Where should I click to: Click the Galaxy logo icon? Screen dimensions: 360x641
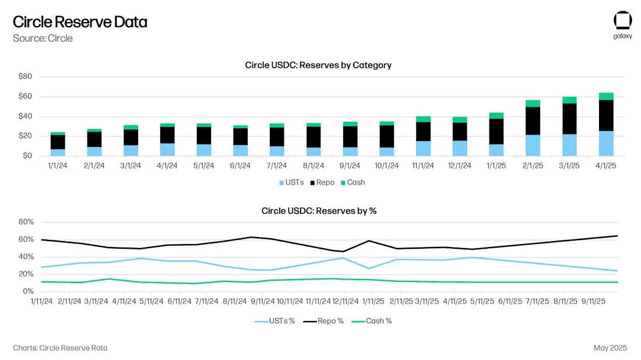[622, 20]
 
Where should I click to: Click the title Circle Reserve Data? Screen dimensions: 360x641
[80, 22]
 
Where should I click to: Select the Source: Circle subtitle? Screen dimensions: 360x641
[43, 38]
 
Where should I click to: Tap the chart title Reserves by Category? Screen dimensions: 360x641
[318, 65]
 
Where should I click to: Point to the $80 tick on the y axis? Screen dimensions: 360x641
[25, 77]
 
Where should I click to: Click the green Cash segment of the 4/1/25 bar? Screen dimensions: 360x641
[606, 96]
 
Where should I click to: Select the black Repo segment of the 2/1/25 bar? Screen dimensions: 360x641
[533, 121]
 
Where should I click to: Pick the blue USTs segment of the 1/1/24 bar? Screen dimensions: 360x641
[58, 152]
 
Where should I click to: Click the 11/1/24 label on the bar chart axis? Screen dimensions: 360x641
[422, 165]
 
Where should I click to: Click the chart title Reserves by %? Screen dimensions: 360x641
[319, 211]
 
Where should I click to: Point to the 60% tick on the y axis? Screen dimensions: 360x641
[26, 239]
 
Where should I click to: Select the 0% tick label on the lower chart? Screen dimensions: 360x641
[28, 291]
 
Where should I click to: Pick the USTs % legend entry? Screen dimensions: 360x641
[275, 321]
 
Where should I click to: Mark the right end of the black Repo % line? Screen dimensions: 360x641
[618, 236]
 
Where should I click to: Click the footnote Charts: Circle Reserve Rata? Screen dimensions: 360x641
[60, 348]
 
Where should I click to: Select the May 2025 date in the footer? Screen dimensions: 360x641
[610, 348]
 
